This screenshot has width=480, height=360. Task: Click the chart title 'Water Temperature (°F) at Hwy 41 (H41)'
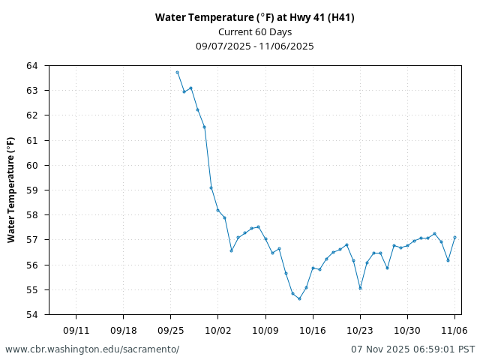click(x=255, y=17)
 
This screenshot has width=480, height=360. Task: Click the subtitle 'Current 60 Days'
click(x=255, y=31)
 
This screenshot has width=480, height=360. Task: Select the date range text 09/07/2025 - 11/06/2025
click(x=255, y=46)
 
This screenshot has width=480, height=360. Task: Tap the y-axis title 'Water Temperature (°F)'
click(x=11, y=190)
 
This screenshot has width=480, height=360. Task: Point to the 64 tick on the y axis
click(x=31, y=66)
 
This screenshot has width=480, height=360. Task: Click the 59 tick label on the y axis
click(x=31, y=190)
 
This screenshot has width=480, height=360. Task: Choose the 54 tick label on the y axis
click(x=31, y=315)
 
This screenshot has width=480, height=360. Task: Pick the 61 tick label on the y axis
click(x=31, y=140)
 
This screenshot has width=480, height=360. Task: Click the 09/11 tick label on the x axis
click(x=76, y=330)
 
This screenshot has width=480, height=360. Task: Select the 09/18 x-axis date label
click(x=123, y=330)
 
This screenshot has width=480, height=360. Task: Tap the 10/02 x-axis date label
click(x=217, y=330)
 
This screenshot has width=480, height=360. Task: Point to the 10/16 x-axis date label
click(x=313, y=330)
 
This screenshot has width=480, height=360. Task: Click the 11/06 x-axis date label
click(x=454, y=330)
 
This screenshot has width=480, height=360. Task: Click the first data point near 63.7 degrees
click(x=177, y=72)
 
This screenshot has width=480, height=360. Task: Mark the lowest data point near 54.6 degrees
click(x=299, y=298)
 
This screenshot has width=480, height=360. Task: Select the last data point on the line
click(x=454, y=237)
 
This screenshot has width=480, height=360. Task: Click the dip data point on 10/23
click(x=360, y=288)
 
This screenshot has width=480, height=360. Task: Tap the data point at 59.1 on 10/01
click(x=211, y=187)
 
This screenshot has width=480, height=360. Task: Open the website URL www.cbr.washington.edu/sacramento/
click(x=92, y=349)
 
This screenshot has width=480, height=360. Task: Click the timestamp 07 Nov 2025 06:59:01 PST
click(x=412, y=349)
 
